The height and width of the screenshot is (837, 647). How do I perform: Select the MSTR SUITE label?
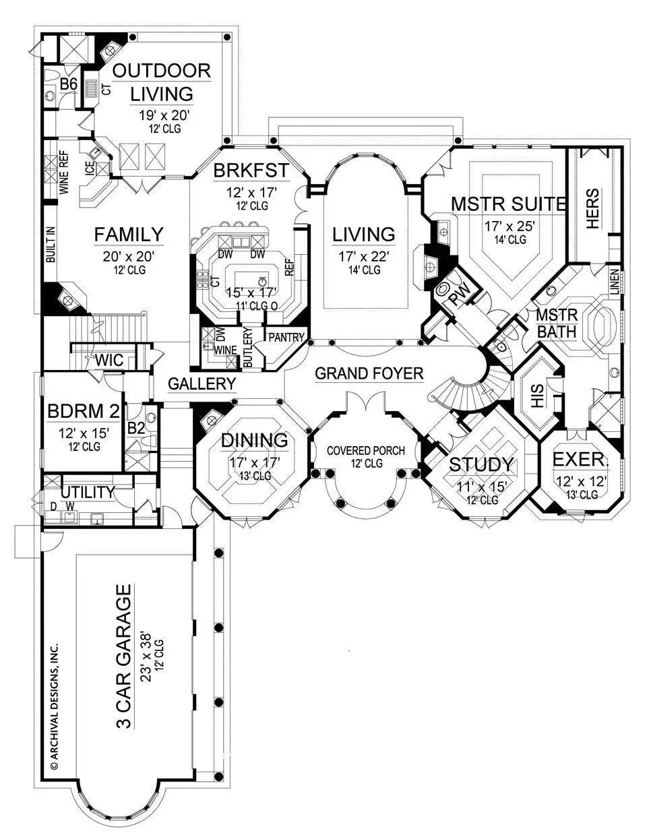coord(507,204)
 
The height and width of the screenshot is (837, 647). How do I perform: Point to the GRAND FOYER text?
coord(369,373)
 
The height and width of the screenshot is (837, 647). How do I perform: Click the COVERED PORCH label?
coord(365,450)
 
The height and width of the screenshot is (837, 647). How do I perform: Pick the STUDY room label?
coord(482,465)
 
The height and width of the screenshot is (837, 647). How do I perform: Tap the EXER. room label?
coord(581,460)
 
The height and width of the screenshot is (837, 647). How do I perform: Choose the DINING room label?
coord(255,440)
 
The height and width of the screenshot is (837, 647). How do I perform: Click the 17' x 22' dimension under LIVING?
coord(364,256)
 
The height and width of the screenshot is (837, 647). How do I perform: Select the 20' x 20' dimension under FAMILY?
coord(129,256)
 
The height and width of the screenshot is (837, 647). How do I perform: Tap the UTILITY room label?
coord(88,493)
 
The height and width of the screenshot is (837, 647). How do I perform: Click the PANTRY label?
coord(287,337)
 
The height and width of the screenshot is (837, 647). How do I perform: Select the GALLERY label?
coord(202,383)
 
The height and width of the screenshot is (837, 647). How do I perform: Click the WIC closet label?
coord(109,360)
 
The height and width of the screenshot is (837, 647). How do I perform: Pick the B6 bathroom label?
coord(69,84)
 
